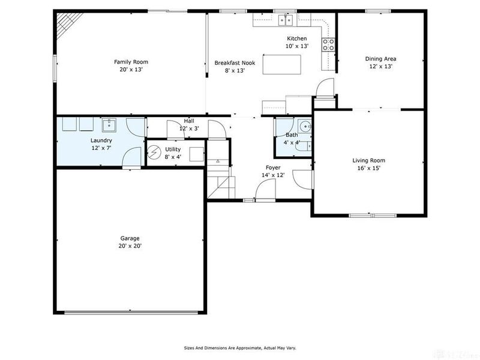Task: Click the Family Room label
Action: click(x=131, y=62)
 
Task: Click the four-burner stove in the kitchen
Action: click(x=328, y=44)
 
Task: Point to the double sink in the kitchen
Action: click(x=286, y=20)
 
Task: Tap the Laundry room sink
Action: click(x=109, y=125)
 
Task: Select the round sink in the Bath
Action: click(x=305, y=127)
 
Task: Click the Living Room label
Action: click(x=368, y=160)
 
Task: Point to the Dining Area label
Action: click(x=380, y=59)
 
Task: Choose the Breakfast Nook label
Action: click(x=235, y=62)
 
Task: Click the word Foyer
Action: click(x=273, y=167)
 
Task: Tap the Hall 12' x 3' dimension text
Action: click(x=188, y=128)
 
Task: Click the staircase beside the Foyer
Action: click(x=220, y=180)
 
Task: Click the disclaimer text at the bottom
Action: click(x=239, y=347)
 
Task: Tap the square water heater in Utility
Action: click(x=197, y=154)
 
